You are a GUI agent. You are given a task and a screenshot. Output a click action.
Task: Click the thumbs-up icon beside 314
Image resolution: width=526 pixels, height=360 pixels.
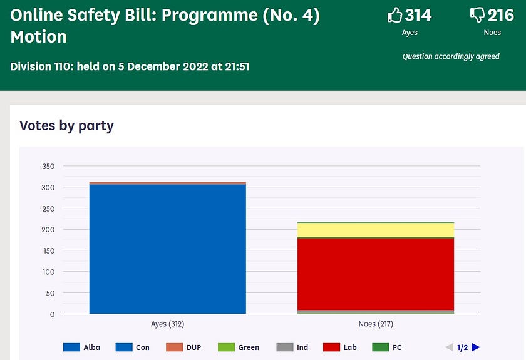coord(394,15)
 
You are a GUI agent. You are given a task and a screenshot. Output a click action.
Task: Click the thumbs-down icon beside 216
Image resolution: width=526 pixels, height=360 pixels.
coord(477,15)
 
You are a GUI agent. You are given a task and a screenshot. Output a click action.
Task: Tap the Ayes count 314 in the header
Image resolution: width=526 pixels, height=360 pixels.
coord(418,15)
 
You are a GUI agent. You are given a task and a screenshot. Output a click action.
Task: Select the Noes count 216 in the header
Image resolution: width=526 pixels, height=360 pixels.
coord(501,15)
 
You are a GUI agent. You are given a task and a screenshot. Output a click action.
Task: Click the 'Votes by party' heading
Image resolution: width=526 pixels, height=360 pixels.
coord(66,125)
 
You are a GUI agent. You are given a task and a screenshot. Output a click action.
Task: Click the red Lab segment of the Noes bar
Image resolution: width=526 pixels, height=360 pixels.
coord(376,274)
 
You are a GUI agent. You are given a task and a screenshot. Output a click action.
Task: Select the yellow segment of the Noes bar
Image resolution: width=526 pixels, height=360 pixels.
coord(376,230)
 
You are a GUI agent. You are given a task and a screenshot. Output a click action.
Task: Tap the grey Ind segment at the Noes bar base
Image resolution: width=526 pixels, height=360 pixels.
coord(376,312)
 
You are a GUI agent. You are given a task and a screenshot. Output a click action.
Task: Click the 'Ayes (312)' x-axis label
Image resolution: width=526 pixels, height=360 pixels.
coord(168,324)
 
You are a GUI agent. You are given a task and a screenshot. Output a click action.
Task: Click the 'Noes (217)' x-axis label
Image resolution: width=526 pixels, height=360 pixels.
coord(376,324)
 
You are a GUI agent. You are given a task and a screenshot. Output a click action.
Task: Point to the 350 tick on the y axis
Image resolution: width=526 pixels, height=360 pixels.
coord(48,167)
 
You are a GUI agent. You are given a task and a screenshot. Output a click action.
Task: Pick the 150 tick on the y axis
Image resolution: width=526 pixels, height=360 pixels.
coord(48,251)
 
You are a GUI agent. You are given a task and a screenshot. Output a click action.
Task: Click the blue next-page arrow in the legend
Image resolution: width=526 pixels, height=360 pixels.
coord(476,347)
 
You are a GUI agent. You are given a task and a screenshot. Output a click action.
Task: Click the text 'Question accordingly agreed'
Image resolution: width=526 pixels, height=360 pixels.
coord(451,56)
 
